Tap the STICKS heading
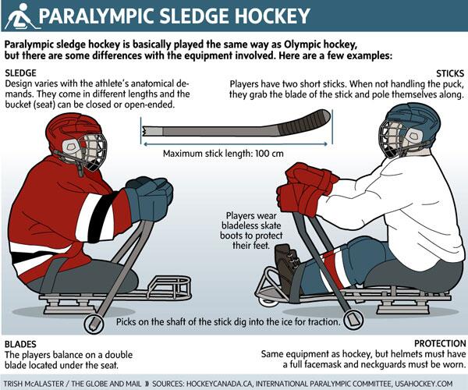click(x=446, y=73)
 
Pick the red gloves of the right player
click(x=308, y=187)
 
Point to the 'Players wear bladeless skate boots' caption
click(x=247, y=230)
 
